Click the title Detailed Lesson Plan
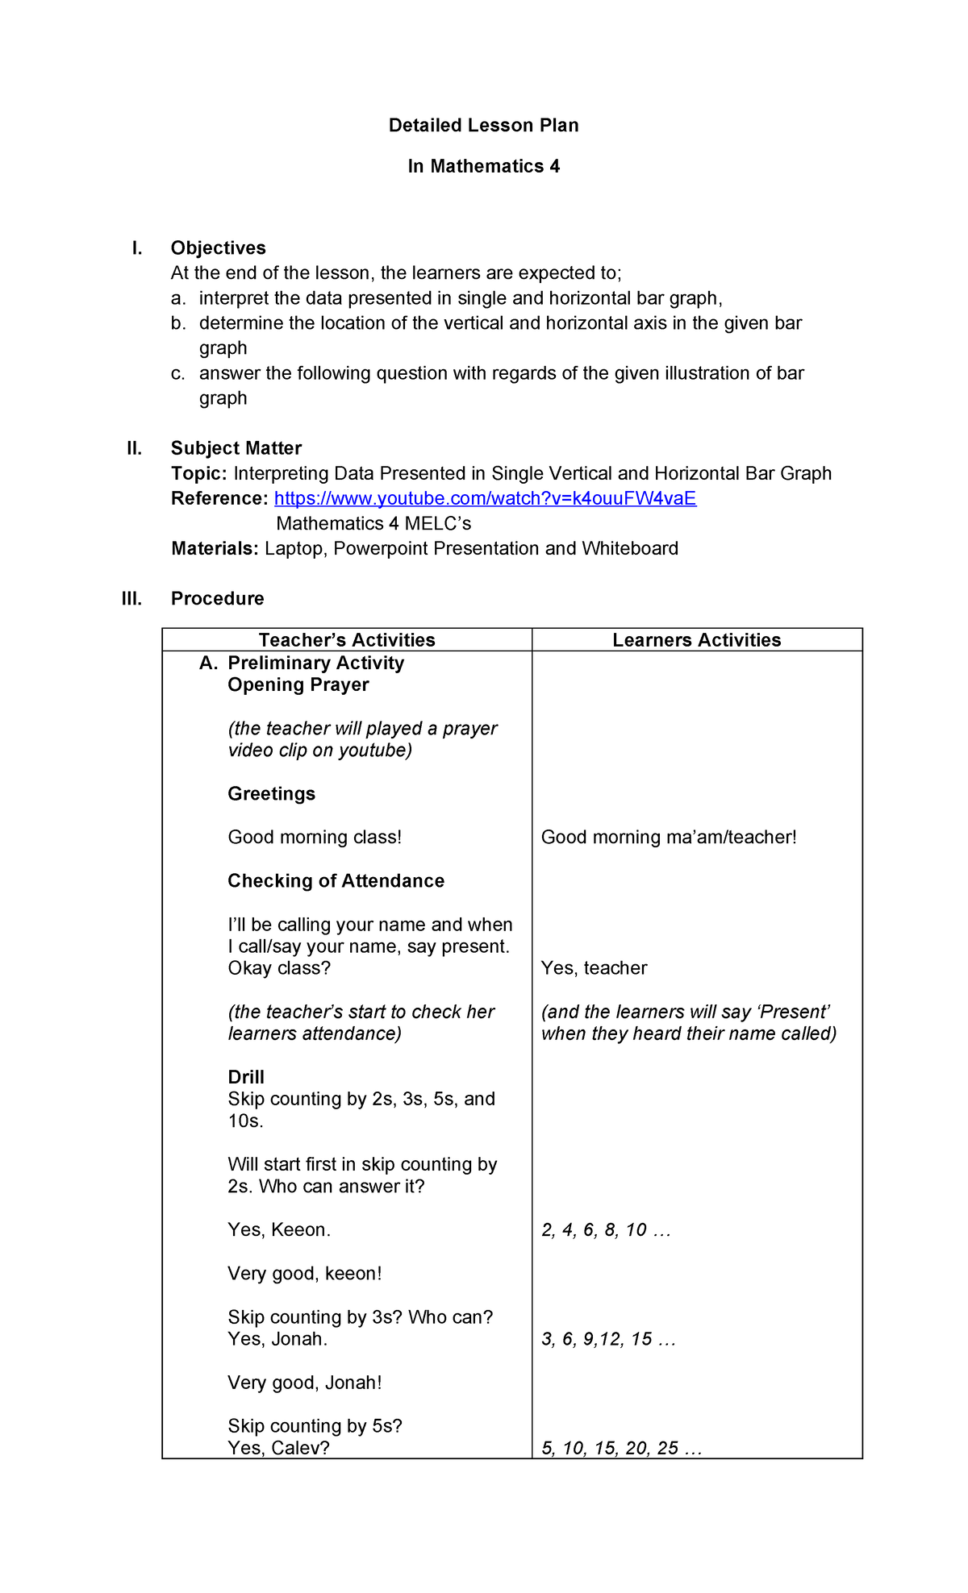[x=483, y=126]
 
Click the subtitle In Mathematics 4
[x=483, y=167]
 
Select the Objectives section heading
[x=218, y=248]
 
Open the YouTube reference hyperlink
[x=485, y=499]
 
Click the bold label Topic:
[x=198, y=474]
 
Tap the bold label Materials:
[x=215, y=549]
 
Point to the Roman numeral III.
[x=131, y=599]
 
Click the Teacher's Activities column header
[x=347, y=640]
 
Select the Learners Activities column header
[x=696, y=640]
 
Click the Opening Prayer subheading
[x=298, y=685]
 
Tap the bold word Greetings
[x=271, y=794]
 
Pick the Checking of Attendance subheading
[x=336, y=881]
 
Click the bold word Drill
[x=246, y=1078]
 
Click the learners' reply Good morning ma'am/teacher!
[x=668, y=838]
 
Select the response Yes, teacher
[x=594, y=968]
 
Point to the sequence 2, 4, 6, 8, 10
[x=605, y=1230]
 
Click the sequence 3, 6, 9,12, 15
[x=607, y=1339]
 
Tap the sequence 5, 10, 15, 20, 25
[x=620, y=1449]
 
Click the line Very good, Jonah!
[x=304, y=1383]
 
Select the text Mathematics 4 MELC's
[x=373, y=524]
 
